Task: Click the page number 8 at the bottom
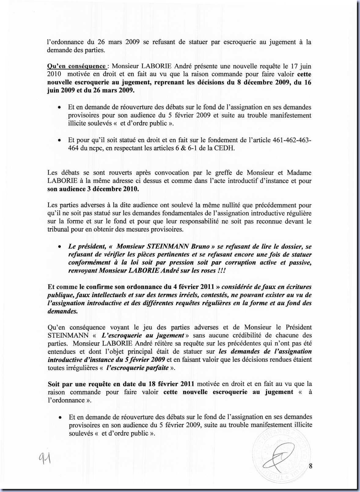(x=310, y=466)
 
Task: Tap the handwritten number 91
(x=45, y=458)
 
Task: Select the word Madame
(x=299, y=173)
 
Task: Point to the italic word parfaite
(x=157, y=368)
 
